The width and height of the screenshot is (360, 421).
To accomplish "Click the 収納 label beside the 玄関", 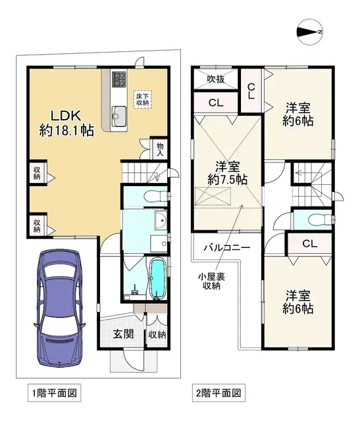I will click(157, 335).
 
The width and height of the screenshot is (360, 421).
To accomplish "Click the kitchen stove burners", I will click(119, 80).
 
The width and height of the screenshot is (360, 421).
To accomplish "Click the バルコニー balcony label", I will click(225, 248).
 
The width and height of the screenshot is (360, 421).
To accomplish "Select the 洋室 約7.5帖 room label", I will click(226, 172).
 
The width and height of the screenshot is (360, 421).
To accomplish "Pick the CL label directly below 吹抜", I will click(215, 103).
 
